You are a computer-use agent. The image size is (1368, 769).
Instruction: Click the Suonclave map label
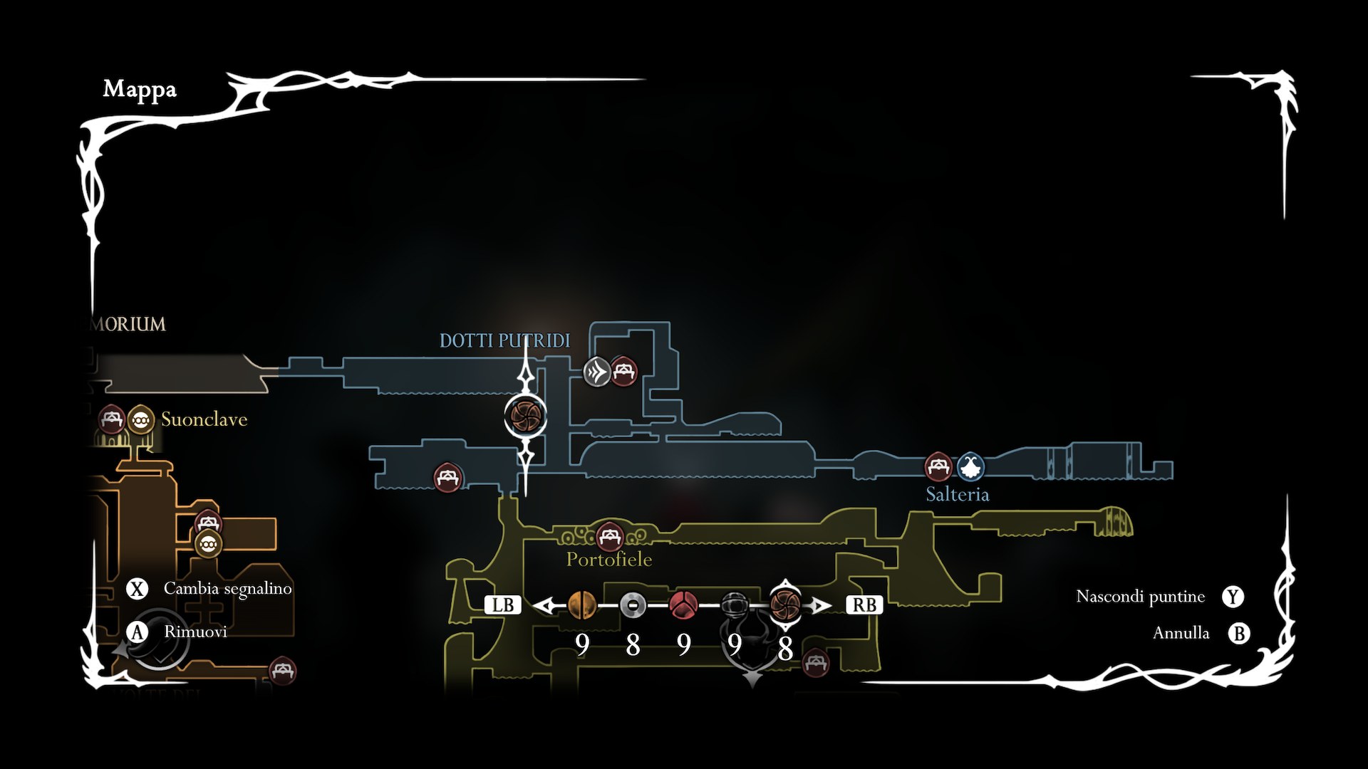pyautogui.click(x=204, y=419)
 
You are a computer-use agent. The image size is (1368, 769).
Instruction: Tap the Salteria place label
pyautogui.click(x=957, y=494)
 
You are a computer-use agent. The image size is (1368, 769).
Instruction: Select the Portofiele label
pyautogui.click(x=608, y=559)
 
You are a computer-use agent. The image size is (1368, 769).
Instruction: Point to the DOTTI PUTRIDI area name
pyautogui.click(x=504, y=340)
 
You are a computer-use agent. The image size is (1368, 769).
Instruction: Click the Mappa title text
pyautogui.click(x=140, y=89)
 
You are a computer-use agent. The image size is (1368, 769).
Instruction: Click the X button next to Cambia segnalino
pyautogui.click(x=137, y=589)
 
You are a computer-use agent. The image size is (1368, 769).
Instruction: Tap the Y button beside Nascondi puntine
pyautogui.click(x=1233, y=597)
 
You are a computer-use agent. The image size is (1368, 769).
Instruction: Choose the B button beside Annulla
pyautogui.click(x=1239, y=633)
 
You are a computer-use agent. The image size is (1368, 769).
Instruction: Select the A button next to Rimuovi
pyautogui.click(x=137, y=632)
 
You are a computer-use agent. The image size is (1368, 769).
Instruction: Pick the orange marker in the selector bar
pyautogui.click(x=582, y=605)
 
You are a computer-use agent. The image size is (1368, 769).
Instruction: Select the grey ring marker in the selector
pyautogui.click(x=633, y=605)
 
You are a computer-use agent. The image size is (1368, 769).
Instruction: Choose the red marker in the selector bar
pyautogui.click(x=683, y=605)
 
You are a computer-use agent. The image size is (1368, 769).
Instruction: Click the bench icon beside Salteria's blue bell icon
pyautogui.click(x=938, y=467)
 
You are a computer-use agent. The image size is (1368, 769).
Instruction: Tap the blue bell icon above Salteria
pyautogui.click(x=970, y=467)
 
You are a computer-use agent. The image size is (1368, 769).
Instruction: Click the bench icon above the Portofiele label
pyautogui.click(x=609, y=536)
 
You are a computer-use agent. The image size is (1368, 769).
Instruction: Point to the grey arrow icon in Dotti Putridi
pyautogui.click(x=597, y=372)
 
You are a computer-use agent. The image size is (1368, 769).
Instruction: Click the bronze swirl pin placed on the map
pyautogui.click(x=526, y=416)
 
